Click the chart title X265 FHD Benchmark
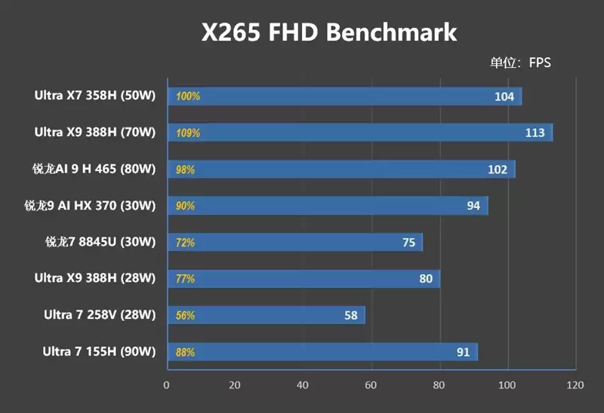(x=328, y=32)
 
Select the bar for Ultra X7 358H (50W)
(x=344, y=96)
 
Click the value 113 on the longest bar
(x=535, y=133)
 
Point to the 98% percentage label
(x=185, y=170)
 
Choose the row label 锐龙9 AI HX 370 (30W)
(x=90, y=206)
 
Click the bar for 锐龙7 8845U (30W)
(x=294, y=243)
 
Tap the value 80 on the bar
(x=426, y=279)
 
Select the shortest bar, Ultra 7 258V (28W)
(x=266, y=315)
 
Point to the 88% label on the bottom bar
(x=185, y=352)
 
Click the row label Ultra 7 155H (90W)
(x=99, y=352)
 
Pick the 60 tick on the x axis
(x=371, y=385)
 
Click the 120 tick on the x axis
(x=575, y=385)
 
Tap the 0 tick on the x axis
(x=167, y=385)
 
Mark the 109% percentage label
(x=187, y=133)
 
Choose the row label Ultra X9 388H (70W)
(x=94, y=133)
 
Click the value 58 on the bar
(x=350, y=315)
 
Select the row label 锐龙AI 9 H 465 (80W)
(x=90, y=170)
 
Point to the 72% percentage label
(x=185, y=243)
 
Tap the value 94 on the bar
(x=473, y=206)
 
